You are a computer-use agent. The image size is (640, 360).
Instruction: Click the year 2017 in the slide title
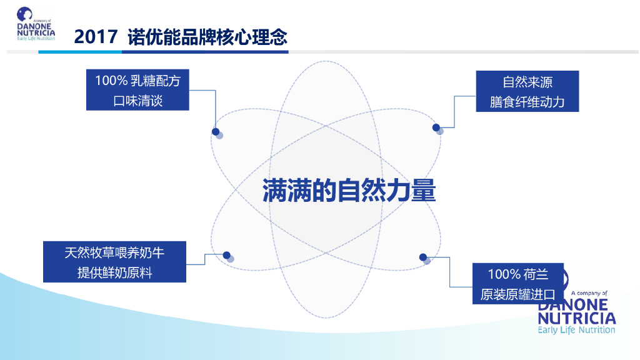[95, 37]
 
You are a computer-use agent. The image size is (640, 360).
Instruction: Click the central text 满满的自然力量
[348, 191]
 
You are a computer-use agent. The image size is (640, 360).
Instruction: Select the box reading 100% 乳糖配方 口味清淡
[137, 91]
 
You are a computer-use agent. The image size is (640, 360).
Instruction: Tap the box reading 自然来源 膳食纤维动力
[527, 91]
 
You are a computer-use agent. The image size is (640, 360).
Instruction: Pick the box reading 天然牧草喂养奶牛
[114, 261]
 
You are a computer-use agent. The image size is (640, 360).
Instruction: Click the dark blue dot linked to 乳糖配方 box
[216, 132]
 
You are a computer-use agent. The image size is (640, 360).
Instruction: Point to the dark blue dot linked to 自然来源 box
[436, 127]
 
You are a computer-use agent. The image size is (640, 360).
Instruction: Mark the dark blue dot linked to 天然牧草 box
[227, 255]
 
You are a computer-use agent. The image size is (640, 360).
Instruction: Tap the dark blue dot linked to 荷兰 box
[423, 257]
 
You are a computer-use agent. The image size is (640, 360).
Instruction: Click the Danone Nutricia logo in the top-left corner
[35, 24]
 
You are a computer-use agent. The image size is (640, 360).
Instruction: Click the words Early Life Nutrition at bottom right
[576, 330]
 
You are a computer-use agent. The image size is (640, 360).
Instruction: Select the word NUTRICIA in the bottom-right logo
[576, 317]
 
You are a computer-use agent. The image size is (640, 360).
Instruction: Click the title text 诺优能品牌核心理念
[207, 37]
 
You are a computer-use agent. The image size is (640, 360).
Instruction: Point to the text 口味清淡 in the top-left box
[137, 101]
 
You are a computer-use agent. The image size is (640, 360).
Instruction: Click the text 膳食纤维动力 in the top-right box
[527, 102]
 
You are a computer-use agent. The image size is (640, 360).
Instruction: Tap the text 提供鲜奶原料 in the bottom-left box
[114, 272]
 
